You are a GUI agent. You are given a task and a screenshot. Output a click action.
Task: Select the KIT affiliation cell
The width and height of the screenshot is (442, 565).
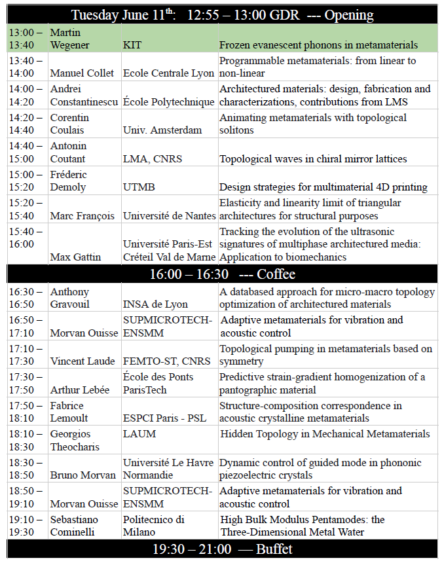pyautogui.click(x=132, y=45)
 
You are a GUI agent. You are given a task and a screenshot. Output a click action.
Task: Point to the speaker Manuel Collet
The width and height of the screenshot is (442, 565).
pyautogui.click(x=82, y=73)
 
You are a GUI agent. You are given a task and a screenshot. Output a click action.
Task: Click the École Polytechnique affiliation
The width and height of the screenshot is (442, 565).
pyautogui.click(x=168, y=101)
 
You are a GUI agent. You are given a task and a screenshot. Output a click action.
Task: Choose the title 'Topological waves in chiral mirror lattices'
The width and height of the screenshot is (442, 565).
pyautogui.click(x=313, y=158)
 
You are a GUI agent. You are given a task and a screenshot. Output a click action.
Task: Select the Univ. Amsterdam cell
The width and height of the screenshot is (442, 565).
pyautogui.click(x=162, y=130)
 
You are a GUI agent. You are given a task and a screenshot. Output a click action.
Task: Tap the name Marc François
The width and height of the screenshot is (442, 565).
pyautogui.click(x=83, y=215)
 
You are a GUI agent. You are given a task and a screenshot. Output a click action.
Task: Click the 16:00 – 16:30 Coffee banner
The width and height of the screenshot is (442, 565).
pyautogui.click(x=222, y=274)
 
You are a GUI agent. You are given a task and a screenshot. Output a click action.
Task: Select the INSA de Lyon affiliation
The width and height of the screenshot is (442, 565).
pyautogui.click(x=155, y=304)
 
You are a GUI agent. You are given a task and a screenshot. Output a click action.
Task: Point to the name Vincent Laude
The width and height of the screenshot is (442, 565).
pyautogui.click(x=83, y=361)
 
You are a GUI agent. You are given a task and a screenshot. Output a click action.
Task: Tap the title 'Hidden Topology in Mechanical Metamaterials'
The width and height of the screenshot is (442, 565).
pyautogui.click(x=325, y=433)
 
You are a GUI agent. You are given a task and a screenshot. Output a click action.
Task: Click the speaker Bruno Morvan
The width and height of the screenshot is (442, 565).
pyautogui.click(x=83, y=475)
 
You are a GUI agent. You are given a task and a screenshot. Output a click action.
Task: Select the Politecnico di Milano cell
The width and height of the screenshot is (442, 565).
pyautogui.click(x=154, y=526)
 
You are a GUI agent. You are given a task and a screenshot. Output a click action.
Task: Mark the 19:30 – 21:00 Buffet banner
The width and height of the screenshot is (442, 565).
pyautogui.click(x=222, y=549)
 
